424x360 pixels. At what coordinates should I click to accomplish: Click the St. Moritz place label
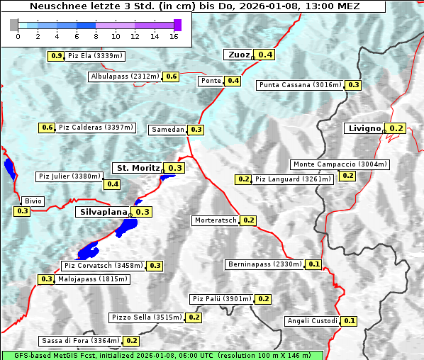pyautogui.click(x=138, y=168)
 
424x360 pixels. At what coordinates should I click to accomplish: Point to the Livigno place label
pyautogui.click(x=364, y=128)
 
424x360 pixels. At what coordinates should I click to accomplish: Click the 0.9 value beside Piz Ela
pyautogui.click(x=57, y=56)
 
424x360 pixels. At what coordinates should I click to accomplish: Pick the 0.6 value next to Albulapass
pyautogui.click(x=171, y=77)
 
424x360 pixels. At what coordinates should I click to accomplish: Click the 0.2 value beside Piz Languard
pyautogui.click(x=243, y=179)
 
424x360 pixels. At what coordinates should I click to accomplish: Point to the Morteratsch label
pyautogui.click(x=216, y=220)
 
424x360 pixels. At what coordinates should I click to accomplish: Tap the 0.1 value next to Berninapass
pyautogui.click(x=315, y=264)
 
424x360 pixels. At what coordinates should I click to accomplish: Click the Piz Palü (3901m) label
pyautogui.click(x=222, y=299)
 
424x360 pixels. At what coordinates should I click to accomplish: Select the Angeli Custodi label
pyautogui.click(x=312, y=321)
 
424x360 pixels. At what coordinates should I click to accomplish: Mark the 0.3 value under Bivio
pyautogui.click(x=22, y=211)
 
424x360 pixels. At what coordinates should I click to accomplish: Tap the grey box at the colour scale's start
pyautogui.click(x=14, y=25)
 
